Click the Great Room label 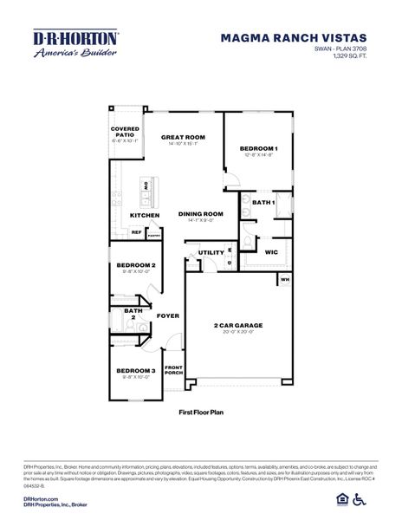point(183,137)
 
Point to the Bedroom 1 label point(260,148)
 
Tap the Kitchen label point(144,215)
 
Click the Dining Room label point(201,214)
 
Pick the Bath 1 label point(263,202)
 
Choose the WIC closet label point(270,251)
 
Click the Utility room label point(211,252)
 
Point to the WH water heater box point(285,280)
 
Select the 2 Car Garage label point(238,326)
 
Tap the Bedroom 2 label point(135,264)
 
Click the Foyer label point(167,315)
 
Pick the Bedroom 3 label point(135,371)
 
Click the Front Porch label point(174,371)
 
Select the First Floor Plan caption point(201,413)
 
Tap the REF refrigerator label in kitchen point(136,232)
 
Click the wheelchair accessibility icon point(386,498)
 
